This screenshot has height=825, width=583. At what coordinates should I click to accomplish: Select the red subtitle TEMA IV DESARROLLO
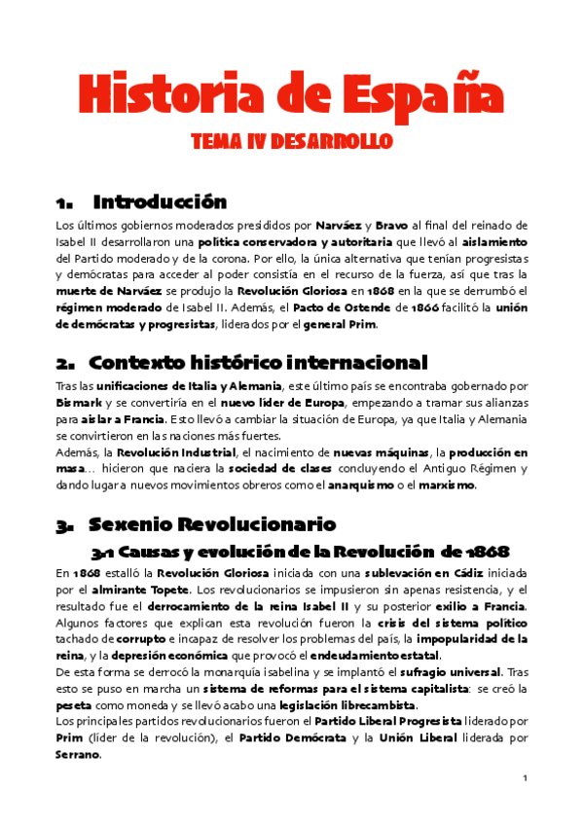click(x=291, y=142)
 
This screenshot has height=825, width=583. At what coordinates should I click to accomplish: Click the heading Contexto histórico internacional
click(x=258, y=363)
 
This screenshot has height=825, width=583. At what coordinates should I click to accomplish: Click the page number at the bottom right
click(x=524, y=778)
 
